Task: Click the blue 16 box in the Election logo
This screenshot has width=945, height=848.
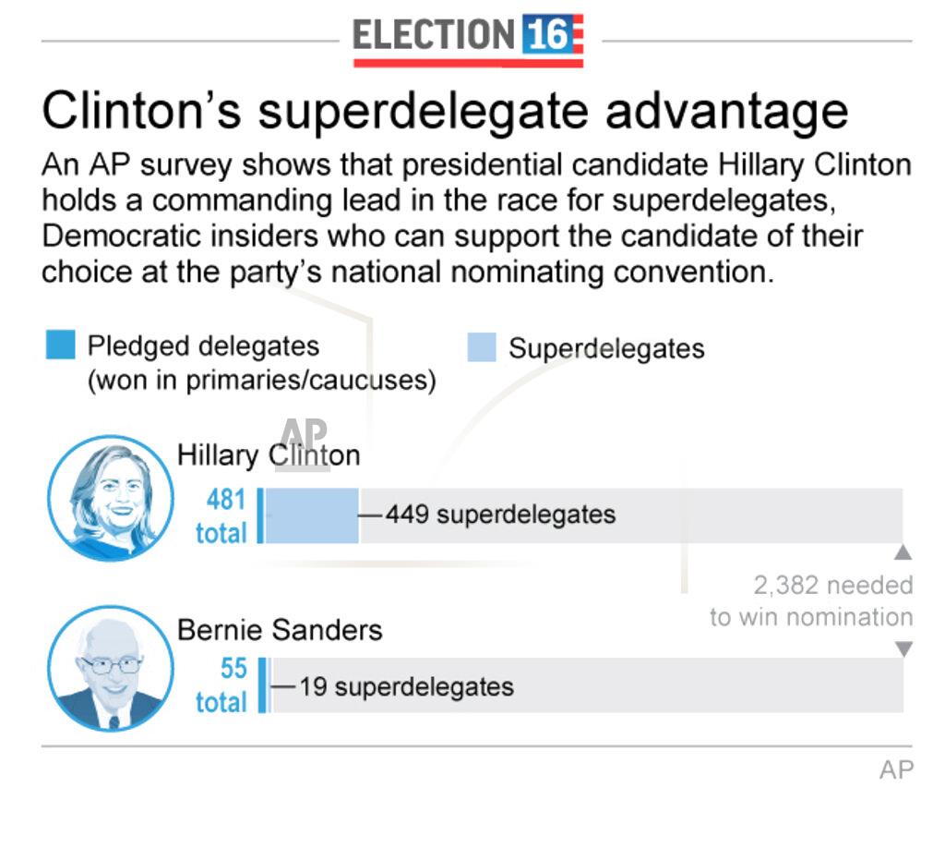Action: point(545,34)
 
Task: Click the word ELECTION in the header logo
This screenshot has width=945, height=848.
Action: point(433,35)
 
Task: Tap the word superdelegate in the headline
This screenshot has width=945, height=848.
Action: point(423,112)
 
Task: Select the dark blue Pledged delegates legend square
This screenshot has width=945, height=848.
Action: point(60,345)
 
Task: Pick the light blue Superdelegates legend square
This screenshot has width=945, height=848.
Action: point(482,346)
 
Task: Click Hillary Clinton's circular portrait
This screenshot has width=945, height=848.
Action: point(111,498)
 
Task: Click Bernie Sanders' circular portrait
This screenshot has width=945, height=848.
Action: point(111,669)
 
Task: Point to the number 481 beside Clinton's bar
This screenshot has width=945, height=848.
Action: point(226,500)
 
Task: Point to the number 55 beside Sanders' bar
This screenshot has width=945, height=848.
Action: point(233,668)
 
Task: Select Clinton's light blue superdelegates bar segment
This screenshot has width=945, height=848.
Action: point(312,515)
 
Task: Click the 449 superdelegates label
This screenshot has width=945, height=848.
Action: point(501,515)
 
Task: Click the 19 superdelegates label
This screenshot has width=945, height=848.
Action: point(407,687)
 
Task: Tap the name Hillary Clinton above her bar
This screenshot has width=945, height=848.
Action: point(269,455)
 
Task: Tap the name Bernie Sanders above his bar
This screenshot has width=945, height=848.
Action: point(280,630)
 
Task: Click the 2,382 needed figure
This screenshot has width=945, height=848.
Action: point(833,586)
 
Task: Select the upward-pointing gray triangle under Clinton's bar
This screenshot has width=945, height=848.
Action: point(903,552)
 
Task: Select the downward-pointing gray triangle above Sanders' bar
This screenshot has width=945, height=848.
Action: point(903,649)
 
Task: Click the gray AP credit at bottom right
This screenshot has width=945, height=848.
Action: point(897,770)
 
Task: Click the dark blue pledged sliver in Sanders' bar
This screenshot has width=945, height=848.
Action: point(262,685)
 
